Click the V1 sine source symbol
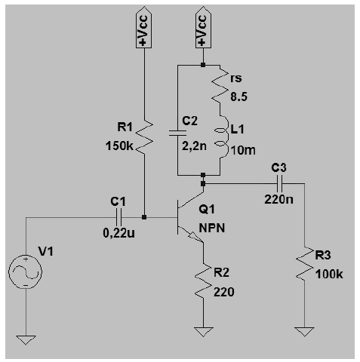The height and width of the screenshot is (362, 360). click(26, 271)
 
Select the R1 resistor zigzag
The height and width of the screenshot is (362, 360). click(144, 137)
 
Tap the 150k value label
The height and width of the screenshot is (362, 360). click(119, 146)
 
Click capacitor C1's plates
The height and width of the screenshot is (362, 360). click(118, 217)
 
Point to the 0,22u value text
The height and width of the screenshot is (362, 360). click(118, 233)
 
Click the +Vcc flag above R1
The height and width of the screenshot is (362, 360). click(143, 27)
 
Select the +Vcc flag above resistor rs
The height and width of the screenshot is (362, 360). click(203, 27)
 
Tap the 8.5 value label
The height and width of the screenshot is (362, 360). click(238, 97)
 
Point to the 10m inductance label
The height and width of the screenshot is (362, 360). click(243, 150)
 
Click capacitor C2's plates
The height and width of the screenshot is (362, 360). click(177, 133)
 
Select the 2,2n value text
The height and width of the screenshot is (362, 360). click(194, 146)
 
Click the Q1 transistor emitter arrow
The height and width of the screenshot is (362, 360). click(195, 238)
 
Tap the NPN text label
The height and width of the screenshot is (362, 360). click(212, 229)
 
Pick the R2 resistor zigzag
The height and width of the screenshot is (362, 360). click(203, 281)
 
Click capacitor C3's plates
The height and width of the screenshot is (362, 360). click(279, 183)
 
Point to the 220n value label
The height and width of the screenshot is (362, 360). click(278, 200)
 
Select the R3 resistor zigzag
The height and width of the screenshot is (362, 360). click(304, 264)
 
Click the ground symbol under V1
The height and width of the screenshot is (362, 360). click(26, 340)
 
